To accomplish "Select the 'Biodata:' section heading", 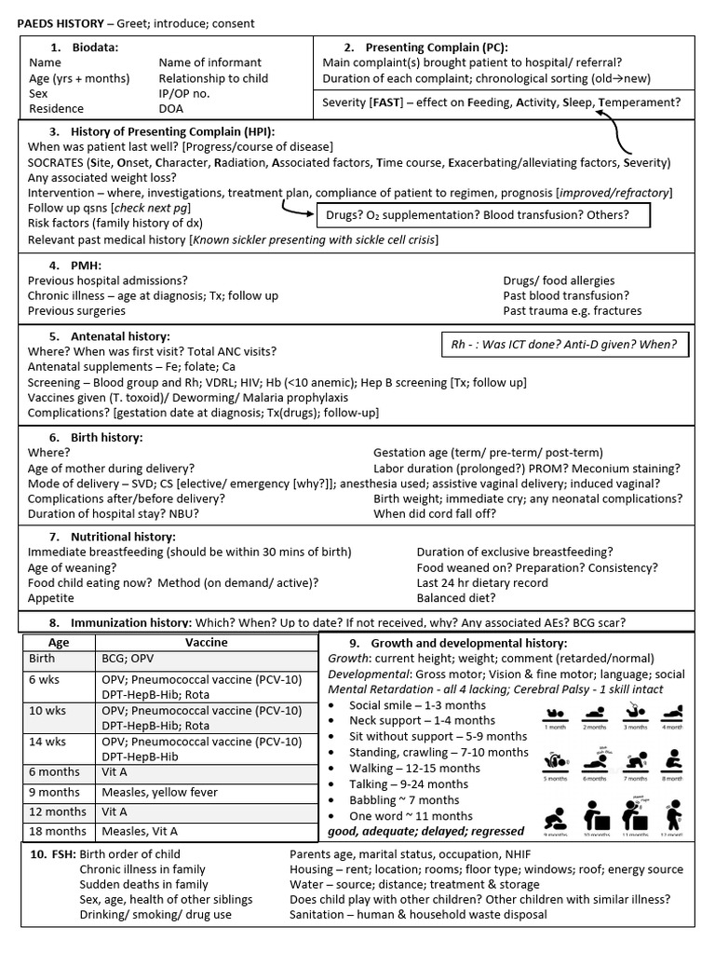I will click(90, 48).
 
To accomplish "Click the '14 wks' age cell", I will click(44, 742).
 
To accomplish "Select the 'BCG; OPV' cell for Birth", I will click(128, 659).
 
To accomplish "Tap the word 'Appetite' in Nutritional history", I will click(52, 598).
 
